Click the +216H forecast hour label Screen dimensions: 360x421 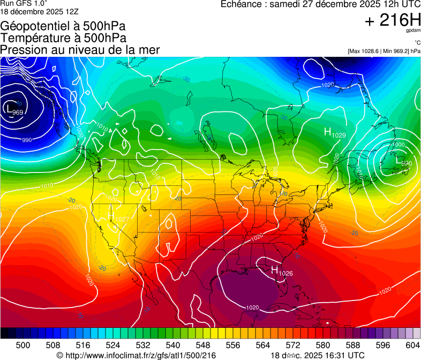tap(393, 20)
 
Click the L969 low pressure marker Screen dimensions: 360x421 tap(14, 110)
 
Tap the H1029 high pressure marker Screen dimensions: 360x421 tap(335, 133)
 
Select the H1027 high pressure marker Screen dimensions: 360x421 tap(118, 217)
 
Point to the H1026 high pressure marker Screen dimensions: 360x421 tap(281, 272)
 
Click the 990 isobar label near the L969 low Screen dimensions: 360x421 tap(26, 140)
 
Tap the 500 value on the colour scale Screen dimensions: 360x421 tap(23, 345)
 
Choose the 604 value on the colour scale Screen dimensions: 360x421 tap(412, 345)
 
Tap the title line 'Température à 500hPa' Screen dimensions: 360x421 tap(63, 37)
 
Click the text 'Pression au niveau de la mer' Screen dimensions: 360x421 tap(80, 50)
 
